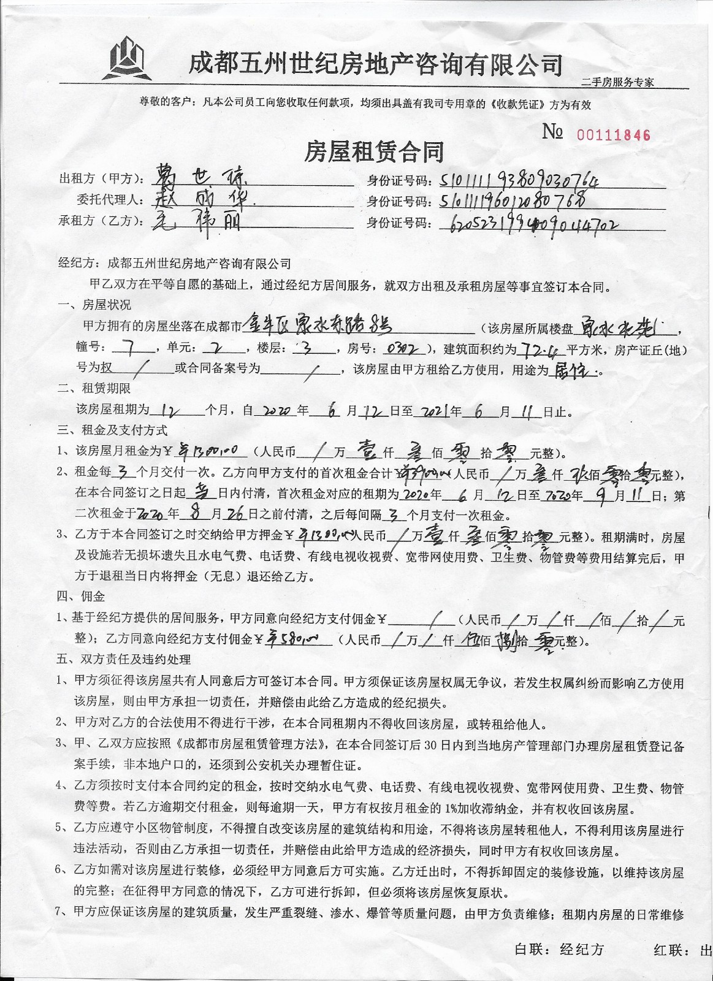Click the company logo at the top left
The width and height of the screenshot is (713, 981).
pyautogui.click(x=127, y=58)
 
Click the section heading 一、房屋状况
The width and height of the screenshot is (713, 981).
pyautogui.click(x=93, y=305)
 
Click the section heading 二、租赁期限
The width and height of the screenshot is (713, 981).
pyautogui.click(x=93, y=388)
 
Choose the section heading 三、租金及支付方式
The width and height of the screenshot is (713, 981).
pyautogui.click(x=112, y=430)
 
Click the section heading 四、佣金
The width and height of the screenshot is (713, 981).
pyautogui.click(x=80, y=596)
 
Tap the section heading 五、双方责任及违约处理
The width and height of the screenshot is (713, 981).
pyautogui.click(x=123, y=660)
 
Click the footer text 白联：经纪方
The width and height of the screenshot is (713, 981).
pyautogui.click(x=559, y=950)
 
